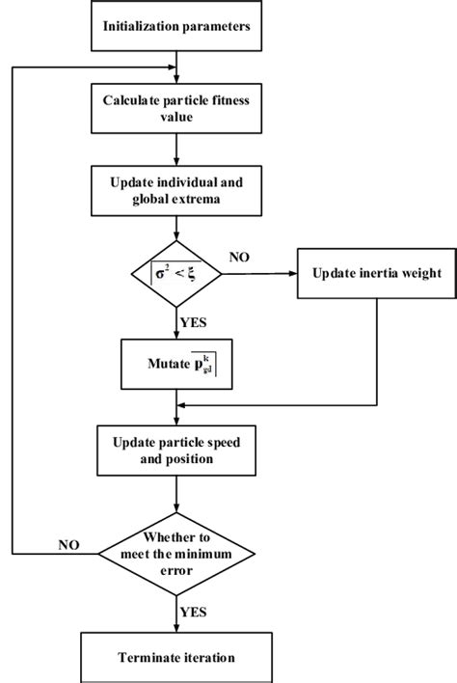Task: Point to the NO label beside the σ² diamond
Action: tap(242, 258)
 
